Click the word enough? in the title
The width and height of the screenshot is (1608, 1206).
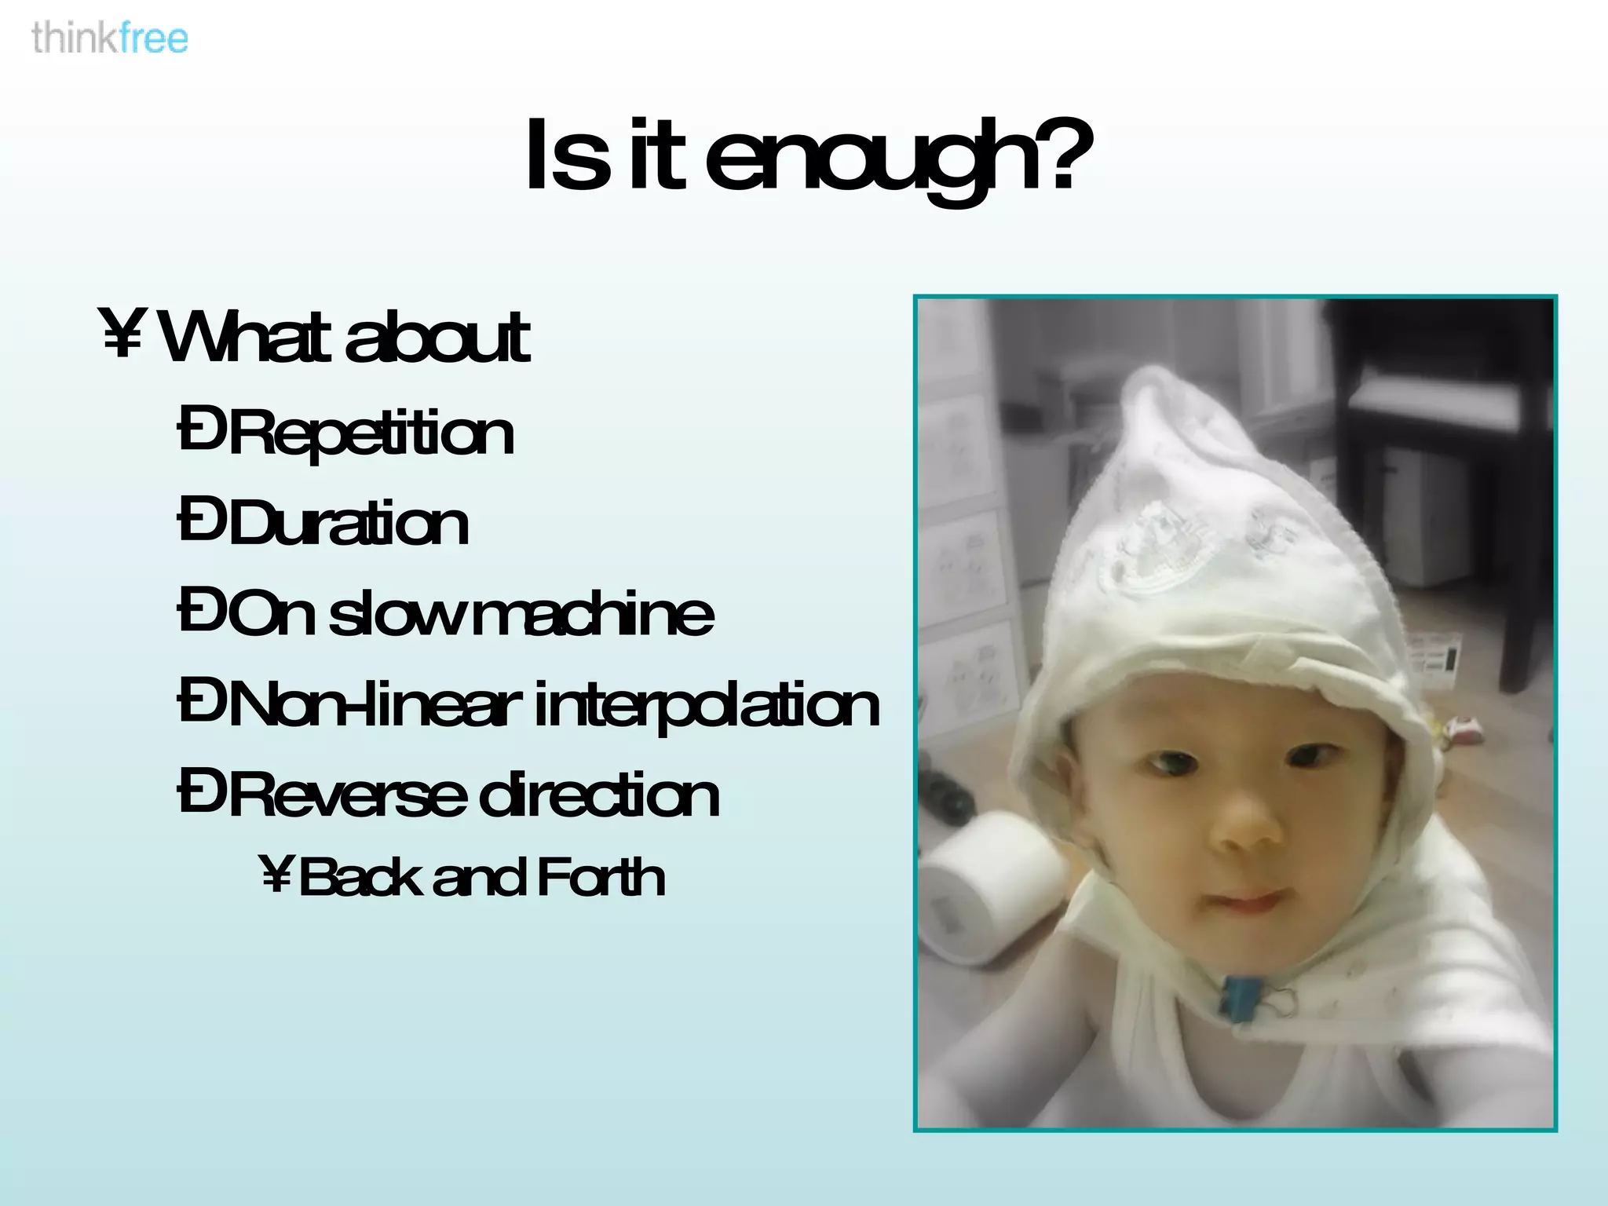pos(900,157)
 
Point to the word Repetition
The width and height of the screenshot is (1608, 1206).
pos(371,433)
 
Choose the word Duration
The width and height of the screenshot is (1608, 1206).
pos(349,524)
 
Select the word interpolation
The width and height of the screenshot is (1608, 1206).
pos(707,705)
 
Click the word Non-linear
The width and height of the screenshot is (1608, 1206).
pos(374,704)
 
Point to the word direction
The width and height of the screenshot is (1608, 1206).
pos(598,795)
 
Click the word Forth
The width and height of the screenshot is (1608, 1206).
pos(601,877)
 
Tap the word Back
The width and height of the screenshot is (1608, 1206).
pos(362,877)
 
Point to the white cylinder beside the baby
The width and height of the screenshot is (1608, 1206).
pos(989,887)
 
